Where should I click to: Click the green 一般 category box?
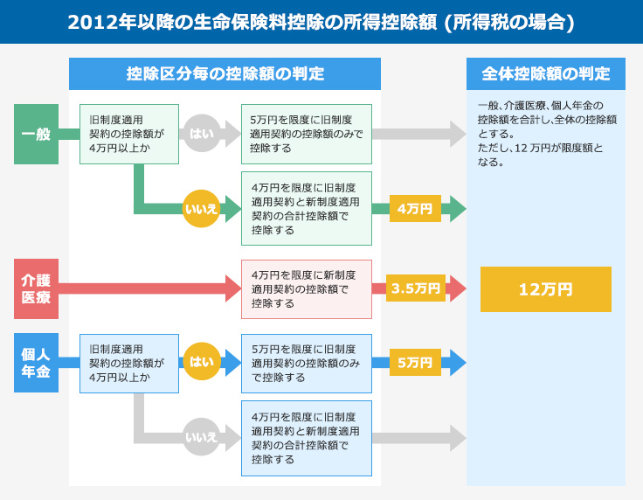click(x=36, y=134)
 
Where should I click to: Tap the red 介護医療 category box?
click(x=36, y=288)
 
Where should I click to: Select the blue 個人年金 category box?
click(x=36, y=363)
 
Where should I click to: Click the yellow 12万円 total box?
click(x=546, y=289)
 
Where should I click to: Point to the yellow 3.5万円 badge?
click(x=415, y=288)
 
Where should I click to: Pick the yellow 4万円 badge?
click(x=415, y=208)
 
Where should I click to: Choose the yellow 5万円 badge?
click(x=415, y=362)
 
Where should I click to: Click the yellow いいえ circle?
click(x=201, y=208)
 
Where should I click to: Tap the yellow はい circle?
click(x=201, y=361)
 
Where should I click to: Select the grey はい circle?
click(x=201, y=134)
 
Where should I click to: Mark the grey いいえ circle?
click(x=201, y=437)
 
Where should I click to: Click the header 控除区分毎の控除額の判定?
click(x=225, y=73)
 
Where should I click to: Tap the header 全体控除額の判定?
click(x=546, y=73)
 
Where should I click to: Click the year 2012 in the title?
click(x=91, y=22)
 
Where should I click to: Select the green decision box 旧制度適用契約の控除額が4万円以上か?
click(x=129, y=134)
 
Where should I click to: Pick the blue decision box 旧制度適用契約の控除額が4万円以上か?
click(x=129, y=364)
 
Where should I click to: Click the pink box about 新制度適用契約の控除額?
click(x=307, y=289)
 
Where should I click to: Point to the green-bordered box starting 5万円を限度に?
click(x=307, y=134)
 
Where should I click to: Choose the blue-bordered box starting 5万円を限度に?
click(x=307, y=364)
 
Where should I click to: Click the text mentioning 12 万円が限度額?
click(x=540, y=155)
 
